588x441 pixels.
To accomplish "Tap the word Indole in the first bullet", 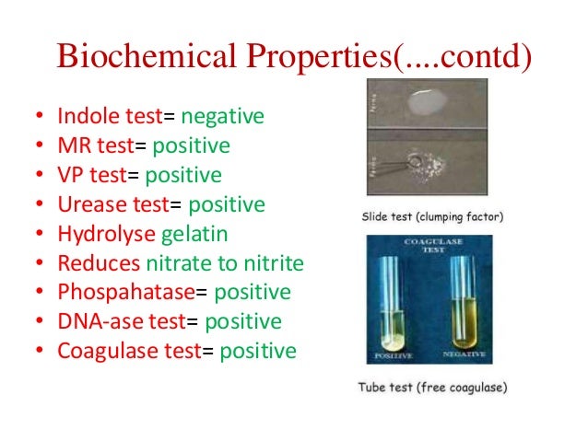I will click(x=85, y=118).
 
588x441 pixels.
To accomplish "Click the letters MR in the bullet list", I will click(x=71, y=146).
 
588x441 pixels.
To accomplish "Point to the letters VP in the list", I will click(x=69, y=175).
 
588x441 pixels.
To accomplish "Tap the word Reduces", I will click(x=92, y=263).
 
